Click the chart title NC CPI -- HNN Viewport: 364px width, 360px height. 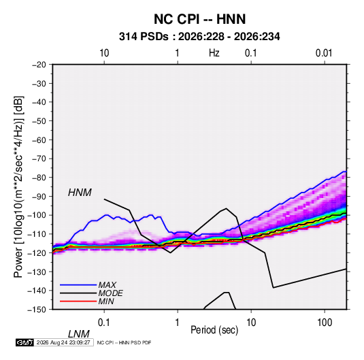pos(199,19)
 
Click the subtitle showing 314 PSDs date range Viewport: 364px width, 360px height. pos(199,37)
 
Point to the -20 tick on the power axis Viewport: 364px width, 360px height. pos(39,65)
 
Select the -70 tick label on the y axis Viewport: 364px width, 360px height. pos(39,159)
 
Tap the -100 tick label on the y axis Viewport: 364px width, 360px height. pos(37,215)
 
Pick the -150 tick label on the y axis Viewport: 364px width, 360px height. pos(37,310)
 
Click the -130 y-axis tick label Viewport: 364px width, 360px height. pos(37,272)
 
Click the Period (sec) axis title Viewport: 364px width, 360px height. pos(214,330)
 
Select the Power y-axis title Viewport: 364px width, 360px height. pos(18,187)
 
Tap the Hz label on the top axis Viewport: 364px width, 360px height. pos(214,53)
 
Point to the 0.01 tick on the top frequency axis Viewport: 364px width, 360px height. pos(324,53)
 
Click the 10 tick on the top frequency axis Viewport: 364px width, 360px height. pos(104,53)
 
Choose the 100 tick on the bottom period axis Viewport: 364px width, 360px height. pos(325,323)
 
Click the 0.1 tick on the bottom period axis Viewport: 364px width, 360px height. pos(104,323)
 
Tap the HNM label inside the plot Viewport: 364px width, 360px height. pos(80,193)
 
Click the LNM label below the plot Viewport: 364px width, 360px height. pos(79,334)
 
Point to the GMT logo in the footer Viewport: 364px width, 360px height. pos(24,342)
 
